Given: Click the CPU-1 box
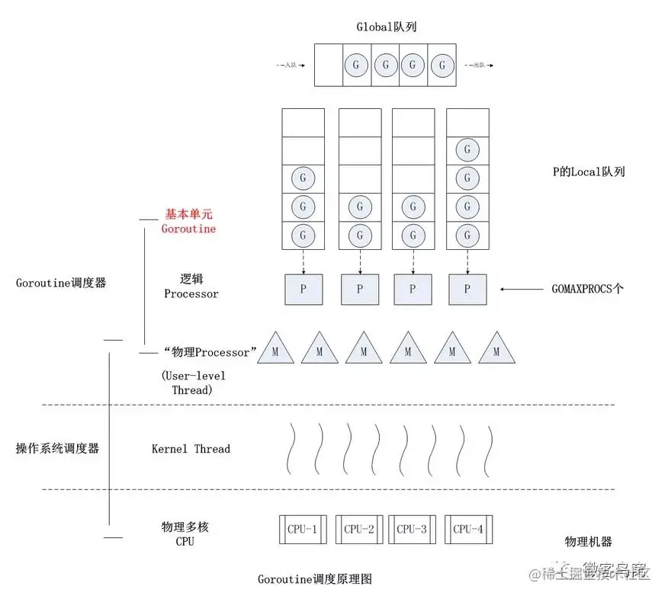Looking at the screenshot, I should tap(303, 529).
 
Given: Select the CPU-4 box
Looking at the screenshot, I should tap(468, 529).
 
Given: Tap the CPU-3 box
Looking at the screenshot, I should tap(413, 529).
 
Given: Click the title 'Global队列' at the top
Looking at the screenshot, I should tap(386, 27).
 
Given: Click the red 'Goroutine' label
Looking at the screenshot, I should tap(188, 229).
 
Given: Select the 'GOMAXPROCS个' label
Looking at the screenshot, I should tap(587, 290).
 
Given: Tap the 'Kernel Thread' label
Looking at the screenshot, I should tap(191, 449).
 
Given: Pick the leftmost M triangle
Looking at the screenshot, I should tap(275, 349).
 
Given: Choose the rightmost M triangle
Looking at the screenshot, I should tap(496, 349).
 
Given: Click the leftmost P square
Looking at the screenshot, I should tap(303, 290).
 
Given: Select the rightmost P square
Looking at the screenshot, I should tap(467, 290).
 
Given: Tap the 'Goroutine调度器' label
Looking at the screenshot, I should tap(61, 282).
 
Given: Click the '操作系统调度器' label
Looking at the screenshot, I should tap(57, 449).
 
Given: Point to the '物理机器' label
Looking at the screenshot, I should tap(588, 542).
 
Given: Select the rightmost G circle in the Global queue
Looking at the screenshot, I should tap(442, 65).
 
